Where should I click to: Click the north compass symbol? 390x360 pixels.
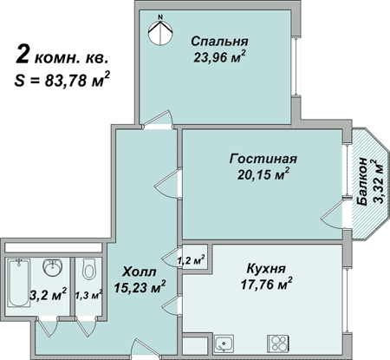(x=160, y=29)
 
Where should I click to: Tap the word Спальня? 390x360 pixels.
(x=219, y=42)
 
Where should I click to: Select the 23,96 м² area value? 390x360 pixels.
(x=219, y=56)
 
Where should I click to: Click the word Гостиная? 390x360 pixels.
(x=263, y=159)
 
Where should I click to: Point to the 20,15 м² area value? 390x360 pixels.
(x=263, y=174)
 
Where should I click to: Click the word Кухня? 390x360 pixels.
(x=266, y=269)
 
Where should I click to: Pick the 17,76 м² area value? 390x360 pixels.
(x=266, y=285)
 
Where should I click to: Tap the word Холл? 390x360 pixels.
(x=140, y=272)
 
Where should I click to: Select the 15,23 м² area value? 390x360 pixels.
(x=140, y=287)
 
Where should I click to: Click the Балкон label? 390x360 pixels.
(x=362, y=181)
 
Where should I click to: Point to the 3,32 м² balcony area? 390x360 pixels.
(x=378, y=181)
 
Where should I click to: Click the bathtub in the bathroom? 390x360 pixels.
(x=19, y=283)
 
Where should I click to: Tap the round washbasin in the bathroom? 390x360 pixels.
(x=53, y=267)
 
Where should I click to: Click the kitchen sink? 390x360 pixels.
(x=224, y=344)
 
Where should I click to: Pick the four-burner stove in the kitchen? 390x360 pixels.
(x=278, y=344)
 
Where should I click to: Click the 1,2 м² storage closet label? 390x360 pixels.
(x=192, y=260)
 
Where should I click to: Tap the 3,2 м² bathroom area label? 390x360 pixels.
(x=49, y=295)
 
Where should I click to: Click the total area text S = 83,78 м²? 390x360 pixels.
(x=62, y=80)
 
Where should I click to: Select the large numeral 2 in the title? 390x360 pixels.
(x=23, y=54)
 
